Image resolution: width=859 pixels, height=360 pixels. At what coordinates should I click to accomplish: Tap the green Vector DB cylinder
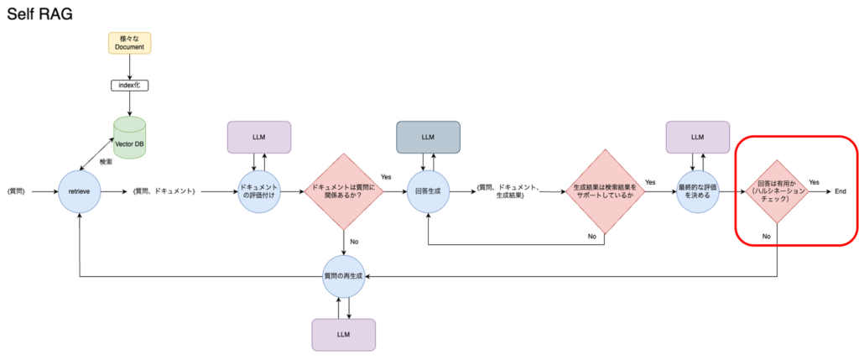click(x=130, y=134)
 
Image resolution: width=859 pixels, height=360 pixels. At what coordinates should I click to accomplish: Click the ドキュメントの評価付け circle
click(x=259, y=191)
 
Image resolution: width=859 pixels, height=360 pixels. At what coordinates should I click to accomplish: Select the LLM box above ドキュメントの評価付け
click(x=259, y=137)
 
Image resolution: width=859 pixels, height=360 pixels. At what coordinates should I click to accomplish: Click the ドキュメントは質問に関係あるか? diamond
click(x=344, y=191)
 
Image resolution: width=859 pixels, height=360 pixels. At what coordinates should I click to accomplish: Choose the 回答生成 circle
click(x=429, y=191)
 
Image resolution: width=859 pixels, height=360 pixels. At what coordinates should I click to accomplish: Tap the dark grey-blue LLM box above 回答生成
click(x=429, y=137)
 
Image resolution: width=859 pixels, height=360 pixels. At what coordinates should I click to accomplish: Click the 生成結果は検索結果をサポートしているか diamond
click(x=604, y=191)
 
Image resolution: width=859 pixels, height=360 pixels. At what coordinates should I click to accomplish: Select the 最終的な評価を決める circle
click(x=697, y=191)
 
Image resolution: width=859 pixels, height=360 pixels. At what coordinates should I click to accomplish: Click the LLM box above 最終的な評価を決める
click(x=697, y=137)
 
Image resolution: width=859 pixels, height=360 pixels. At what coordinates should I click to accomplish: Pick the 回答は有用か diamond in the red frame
click(x=778, y=191)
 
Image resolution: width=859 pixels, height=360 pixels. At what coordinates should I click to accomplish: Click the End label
click(x=841, y=191)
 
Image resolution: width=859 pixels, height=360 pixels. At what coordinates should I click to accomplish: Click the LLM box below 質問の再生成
click(x=344, y=334)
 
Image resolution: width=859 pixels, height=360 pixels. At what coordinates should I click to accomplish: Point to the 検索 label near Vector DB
click(x=106, y=161)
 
